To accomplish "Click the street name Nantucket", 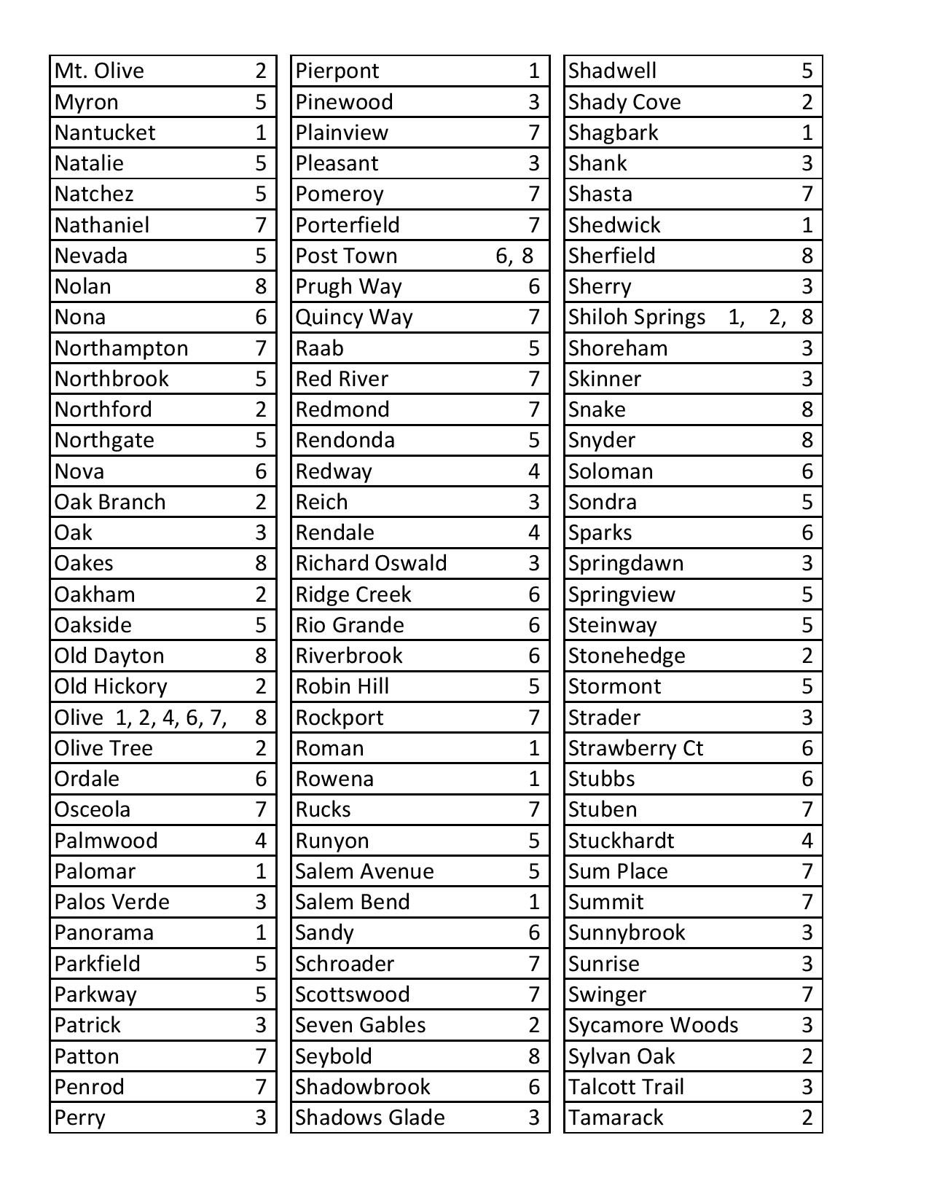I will pyautogui.click(x=105, y=133).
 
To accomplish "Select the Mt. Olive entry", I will pyautogui.click(x=99, y=71).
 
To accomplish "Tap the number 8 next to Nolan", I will pyautogui.click(x=261, y=286).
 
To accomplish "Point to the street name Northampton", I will pyautogui.click(x=121, y=348).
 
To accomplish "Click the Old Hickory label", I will pyautogui.click(x=111, y=686).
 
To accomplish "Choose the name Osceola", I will pyautogui.click(x=93, y=809).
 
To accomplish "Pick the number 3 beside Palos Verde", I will pyautogui.click(x=261, y=902).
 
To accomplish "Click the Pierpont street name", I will pyautogui.click(x=337, y=71).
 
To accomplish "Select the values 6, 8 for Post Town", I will pyautogui.click(x=514, y=256).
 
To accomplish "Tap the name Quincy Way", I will pyautogui.click(x=354, y=317).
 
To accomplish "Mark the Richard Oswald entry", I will pyautogui.click(x=371, y=563).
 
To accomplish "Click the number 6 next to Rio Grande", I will pyautogui.click(x=534, y=625).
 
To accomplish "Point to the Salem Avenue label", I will pyautogui.click(x=364, y=871).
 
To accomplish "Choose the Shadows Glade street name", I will pyautogui.click(x=370, y=1117).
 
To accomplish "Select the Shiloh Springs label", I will pyautogui.click(x=637, y=317).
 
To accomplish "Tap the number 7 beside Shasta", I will pyautogui.click(x=807, y=194).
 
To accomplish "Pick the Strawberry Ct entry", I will pyautogui.click(x=635, y=748).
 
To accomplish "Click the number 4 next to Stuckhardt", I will pyautogui.click(x=807, y=841).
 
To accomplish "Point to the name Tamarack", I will pyautogui.click(x=616, y=1117).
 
